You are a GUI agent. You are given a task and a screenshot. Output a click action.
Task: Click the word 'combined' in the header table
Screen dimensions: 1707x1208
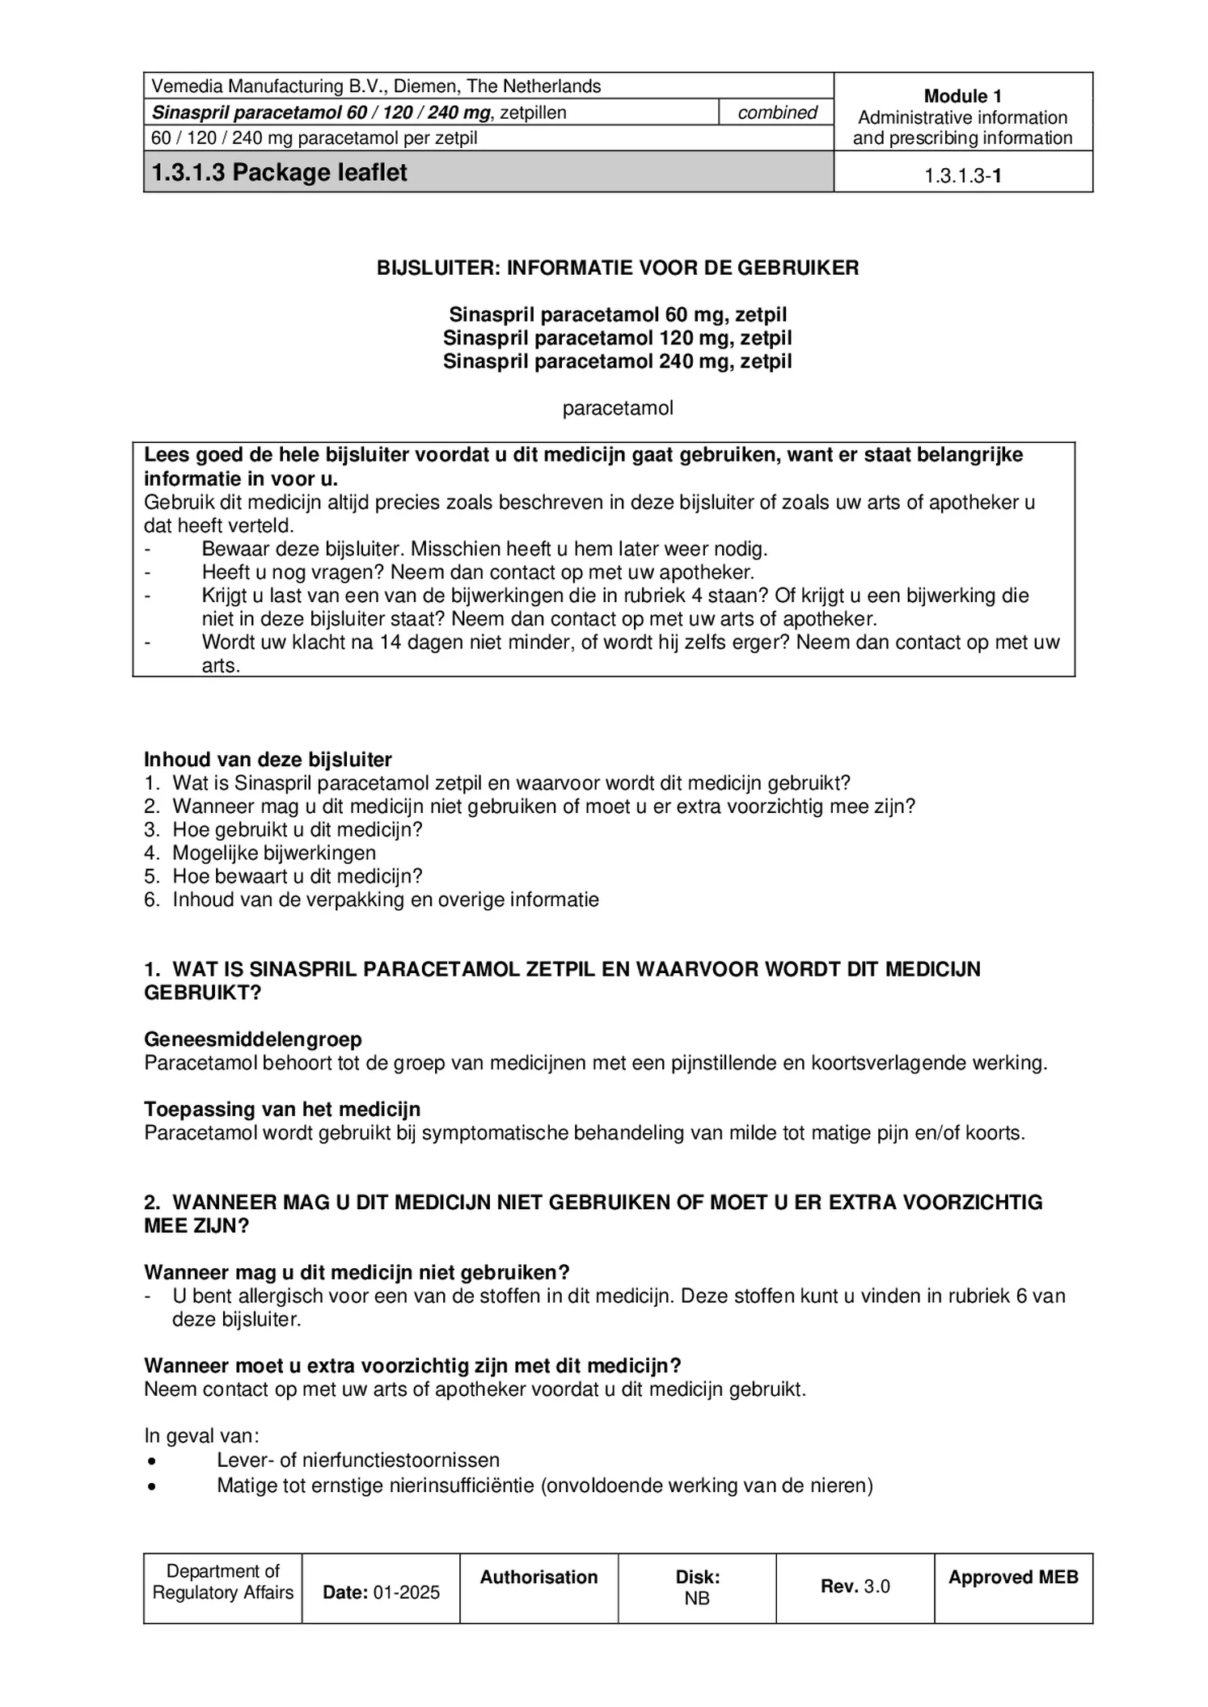click(777, 112)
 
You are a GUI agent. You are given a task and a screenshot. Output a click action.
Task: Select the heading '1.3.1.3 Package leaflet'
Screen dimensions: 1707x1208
click(279, 172)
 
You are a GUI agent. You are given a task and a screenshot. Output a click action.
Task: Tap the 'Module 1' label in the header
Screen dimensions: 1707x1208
click(962, 96)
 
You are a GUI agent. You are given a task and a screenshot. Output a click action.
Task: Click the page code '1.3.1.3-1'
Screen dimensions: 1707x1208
click(962, 176)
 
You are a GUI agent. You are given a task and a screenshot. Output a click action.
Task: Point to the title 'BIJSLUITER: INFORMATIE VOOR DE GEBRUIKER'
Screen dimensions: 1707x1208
click(618, 268)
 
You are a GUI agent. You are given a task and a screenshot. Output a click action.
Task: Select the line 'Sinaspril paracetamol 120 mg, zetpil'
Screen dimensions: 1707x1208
click(618, 338)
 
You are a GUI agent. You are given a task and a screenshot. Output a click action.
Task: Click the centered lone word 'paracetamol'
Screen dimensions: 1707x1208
click(618, 408)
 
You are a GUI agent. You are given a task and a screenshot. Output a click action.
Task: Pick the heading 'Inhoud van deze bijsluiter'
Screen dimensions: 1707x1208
click(268, 760)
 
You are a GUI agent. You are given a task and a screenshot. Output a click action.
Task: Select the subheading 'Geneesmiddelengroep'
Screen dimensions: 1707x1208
click(253, 1039)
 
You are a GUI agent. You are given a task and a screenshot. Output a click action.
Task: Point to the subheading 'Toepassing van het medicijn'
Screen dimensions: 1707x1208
click(282, 1110)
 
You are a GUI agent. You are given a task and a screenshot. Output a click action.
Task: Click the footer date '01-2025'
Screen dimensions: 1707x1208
click(407, 1592)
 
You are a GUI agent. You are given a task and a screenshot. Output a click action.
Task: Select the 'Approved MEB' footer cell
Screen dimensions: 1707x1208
click(1013, 1577)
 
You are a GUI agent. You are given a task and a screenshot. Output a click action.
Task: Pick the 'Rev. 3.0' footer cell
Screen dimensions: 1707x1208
click(855, 1586)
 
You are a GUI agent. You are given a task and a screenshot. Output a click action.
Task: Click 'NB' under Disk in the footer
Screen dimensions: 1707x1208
click(697, 1597)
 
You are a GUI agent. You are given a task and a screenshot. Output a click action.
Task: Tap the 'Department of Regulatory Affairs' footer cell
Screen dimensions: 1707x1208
click(222, 1582)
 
